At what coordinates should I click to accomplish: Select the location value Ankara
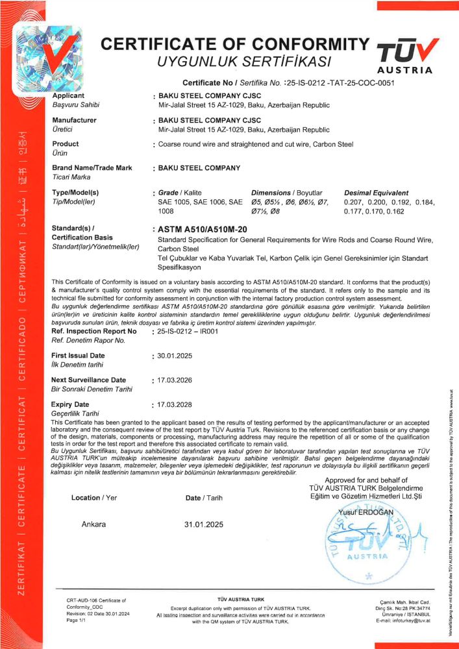click(94, 524)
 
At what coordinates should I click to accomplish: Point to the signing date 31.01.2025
click(205, 524)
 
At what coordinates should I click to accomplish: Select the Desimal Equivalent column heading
click(377, 193)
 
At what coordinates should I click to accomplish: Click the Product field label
click(65, 144)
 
